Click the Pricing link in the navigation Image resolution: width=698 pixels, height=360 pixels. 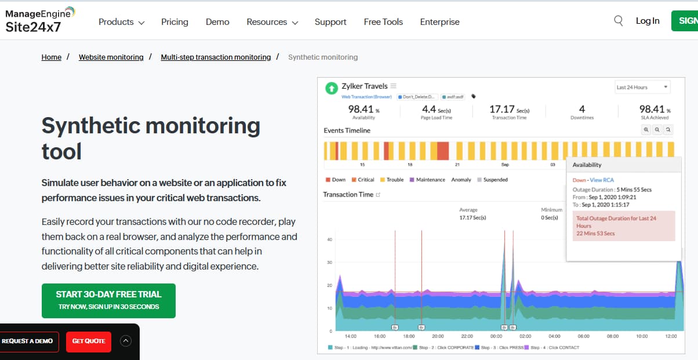(x=174, y=22)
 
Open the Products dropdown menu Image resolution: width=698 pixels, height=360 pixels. (x=121, y=22)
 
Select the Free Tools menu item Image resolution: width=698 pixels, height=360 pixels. (x=383, y=22)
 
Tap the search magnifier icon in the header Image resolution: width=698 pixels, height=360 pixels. (x=619, y=21)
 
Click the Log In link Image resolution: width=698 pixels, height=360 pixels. (x=648, y=21)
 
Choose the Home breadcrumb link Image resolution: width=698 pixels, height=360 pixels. (x=52, y=57)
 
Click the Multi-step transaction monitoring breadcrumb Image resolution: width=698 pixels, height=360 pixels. (x=216, y=57)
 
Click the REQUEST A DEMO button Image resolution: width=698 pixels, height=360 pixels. (x=27, y=341)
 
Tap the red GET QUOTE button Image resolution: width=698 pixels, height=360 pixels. (x=89, y=341)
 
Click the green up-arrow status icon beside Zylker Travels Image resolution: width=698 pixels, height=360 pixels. (x=331, y=88)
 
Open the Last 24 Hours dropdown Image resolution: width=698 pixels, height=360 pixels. (x=642, y=88)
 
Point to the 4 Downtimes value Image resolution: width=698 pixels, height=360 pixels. (x=582, y=109)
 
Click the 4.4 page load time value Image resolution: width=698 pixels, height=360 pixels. (x=429, y=109)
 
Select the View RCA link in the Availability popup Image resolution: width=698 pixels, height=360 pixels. (x=602, y=180)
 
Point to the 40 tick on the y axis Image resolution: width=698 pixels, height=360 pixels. (x=329, y=239)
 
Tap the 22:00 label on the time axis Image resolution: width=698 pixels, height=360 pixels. (x=467, y=336)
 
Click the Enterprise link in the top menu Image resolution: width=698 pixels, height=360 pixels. (x=439, y=22)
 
